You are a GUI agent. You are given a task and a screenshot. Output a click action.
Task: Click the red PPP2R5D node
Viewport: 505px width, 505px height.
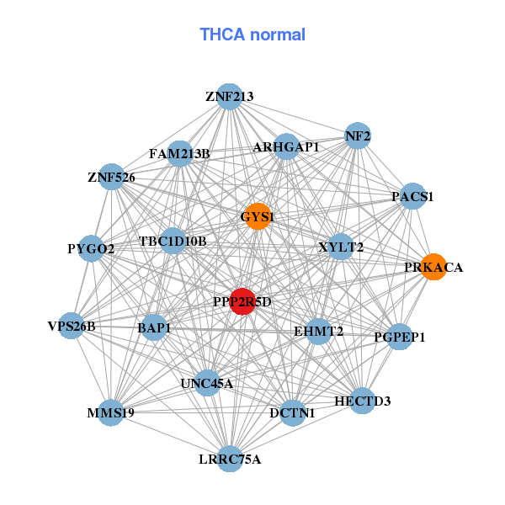click(242, 301)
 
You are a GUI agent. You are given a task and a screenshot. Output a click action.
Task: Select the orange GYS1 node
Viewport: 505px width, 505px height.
click(257, 216)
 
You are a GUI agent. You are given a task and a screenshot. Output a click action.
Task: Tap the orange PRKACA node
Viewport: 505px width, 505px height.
click(433, 267)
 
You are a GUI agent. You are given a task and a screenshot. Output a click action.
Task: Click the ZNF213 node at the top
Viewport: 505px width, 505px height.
click(229, 97)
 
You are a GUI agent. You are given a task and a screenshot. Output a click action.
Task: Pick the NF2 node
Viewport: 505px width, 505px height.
click(358, 136)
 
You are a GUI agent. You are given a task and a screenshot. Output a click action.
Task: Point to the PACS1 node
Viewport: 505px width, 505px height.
click(412, 197)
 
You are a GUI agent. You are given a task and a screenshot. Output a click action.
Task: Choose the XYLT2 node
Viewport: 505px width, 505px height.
click(340, 247)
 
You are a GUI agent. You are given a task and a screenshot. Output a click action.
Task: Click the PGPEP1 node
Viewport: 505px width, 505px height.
click(400, 337)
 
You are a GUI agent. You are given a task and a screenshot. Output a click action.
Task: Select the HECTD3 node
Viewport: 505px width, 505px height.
click(362, 400)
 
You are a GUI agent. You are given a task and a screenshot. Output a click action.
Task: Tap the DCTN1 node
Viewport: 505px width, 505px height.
click(292, 412)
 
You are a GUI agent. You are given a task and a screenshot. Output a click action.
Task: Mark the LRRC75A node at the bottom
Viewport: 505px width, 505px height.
click(230, 459)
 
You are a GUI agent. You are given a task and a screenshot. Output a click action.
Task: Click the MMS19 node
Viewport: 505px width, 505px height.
click(111, 412)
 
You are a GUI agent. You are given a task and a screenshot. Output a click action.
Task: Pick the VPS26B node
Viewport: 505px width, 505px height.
click(72, 326)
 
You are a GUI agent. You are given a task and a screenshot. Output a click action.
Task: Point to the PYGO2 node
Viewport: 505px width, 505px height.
click(91, 248)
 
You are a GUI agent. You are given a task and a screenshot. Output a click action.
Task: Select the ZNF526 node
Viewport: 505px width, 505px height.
click(111, 177)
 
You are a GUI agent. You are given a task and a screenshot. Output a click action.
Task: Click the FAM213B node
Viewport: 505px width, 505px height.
click(179, 153)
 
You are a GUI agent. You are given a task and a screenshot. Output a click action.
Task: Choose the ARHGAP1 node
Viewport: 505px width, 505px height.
click(286, 147)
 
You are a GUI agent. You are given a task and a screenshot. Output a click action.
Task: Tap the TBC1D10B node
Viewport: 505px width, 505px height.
click(173, 242)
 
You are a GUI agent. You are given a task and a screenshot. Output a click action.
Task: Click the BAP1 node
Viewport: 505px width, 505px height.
click(154, 327)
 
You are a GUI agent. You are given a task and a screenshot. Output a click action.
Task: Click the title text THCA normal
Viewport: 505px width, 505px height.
click(252, 35)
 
